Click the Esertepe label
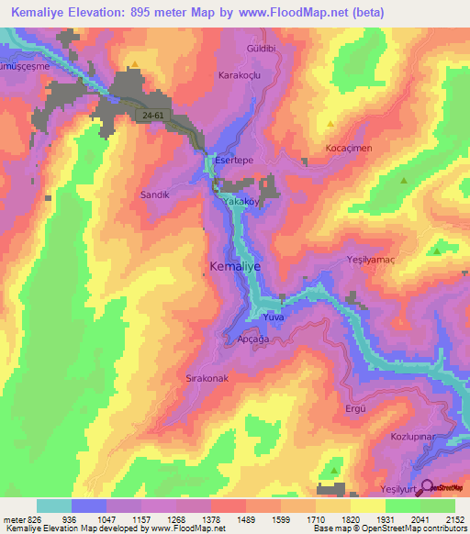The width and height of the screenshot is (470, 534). [x=233, y=160]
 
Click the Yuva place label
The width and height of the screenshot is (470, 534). [x=274, y=317]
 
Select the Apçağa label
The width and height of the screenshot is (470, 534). [x=252, y=338]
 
